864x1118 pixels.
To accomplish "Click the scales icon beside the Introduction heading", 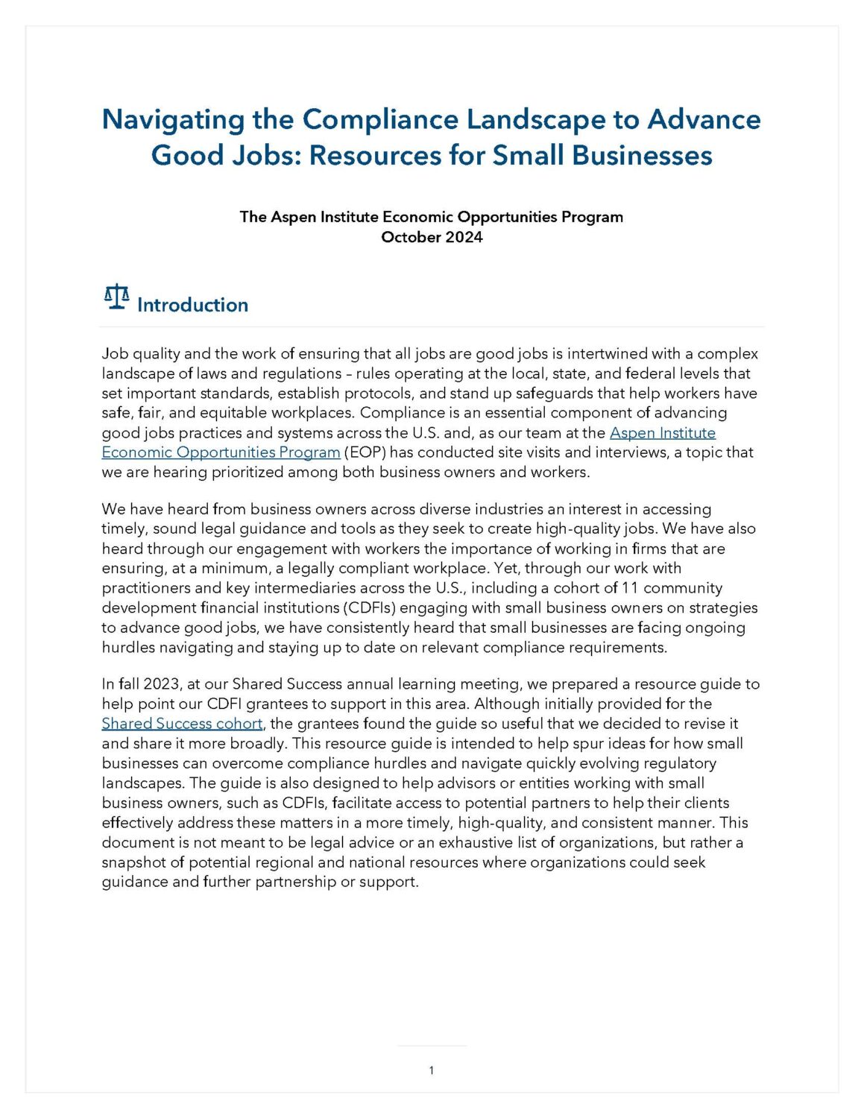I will [116, 297].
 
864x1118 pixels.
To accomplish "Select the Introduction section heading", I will [192, 305].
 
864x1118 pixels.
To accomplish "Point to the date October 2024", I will [432, 237].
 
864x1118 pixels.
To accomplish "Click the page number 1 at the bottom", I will [432, 1070].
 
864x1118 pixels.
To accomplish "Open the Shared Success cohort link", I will [182, 724].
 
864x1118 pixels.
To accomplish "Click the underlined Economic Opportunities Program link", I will [221, 452].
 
